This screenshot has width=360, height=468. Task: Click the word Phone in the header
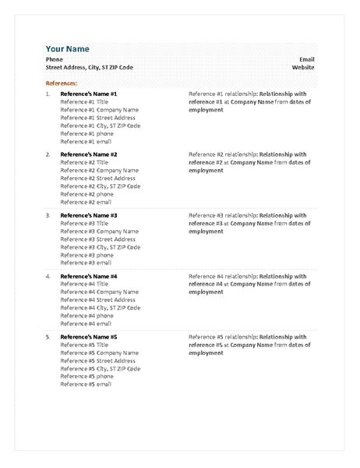coord(54,59)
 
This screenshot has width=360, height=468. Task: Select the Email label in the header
coord(306,59)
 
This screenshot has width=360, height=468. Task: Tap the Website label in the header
coord(303,68)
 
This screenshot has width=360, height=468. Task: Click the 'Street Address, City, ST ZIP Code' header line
coord(90,68)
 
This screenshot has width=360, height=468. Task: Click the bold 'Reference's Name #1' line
coord(89,94)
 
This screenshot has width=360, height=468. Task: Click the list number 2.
coord(48,154)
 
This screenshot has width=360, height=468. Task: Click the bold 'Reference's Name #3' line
coord(89,215)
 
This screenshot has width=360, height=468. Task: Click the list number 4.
coord(48,276)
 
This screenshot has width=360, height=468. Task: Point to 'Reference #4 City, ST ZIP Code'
coord(100,307)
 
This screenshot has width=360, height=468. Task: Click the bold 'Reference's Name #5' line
coord(89,337)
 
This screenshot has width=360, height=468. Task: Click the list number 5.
coord(48,337)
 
